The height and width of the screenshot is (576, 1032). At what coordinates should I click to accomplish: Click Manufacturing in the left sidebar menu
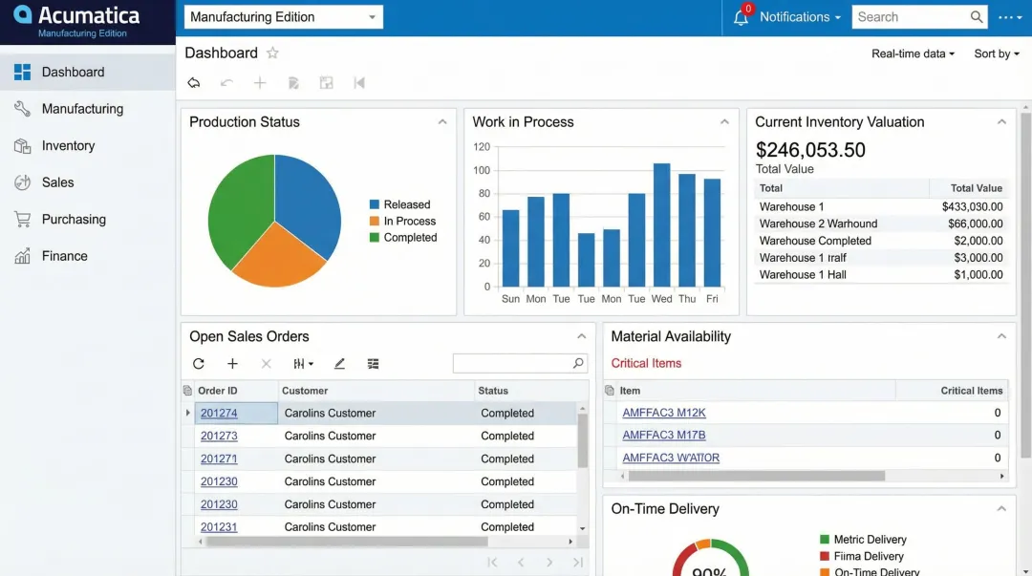coord(82,109)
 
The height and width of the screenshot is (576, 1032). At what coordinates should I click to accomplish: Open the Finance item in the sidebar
coord(64,256)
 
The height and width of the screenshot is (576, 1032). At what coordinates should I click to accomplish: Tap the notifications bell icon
coord(741,17)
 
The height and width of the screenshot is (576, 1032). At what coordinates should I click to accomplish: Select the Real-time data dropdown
coord(913,53)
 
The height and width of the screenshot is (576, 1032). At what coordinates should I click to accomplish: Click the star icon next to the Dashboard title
coord(272,53)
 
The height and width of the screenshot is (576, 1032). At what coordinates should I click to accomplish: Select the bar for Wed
coord(661,225)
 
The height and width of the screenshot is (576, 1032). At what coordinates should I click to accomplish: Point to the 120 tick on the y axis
coord(482,147)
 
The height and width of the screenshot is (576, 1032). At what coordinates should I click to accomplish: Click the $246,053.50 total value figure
coord(810,150)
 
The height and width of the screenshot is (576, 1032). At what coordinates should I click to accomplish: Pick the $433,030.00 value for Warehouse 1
coord(972,206)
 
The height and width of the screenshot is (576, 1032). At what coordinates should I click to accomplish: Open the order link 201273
coord(219,436)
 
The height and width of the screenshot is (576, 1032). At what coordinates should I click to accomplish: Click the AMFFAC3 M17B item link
coord(664,435)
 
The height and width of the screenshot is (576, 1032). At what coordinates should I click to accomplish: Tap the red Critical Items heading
coord(646,363)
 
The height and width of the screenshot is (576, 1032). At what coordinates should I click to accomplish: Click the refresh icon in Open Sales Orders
coord(199,364)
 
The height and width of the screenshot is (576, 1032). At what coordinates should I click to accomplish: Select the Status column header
coord(493,391)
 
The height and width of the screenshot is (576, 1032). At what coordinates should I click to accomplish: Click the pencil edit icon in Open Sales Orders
coord(339,364)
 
